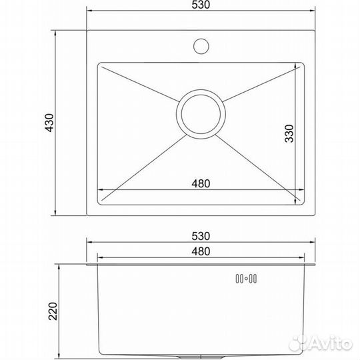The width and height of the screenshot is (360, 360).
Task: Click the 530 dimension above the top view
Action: [x=201, y=5]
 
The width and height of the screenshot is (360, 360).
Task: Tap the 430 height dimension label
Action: [x=49, y=123]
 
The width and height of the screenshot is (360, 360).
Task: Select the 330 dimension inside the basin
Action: [x=289, y=133]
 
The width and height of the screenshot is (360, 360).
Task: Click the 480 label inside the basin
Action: [x=201, y=184]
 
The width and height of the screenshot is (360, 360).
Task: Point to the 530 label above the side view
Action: [x=201, y=236]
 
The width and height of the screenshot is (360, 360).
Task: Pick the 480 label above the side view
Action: [x=201, y=251]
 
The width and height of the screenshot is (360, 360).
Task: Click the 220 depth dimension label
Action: [x=53, y=311]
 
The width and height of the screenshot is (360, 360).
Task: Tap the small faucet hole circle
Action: [x=201, y=46]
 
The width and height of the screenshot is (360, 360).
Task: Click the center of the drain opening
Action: [x=201, y=114]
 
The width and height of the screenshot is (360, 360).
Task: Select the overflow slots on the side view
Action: [x=246, y=279]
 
